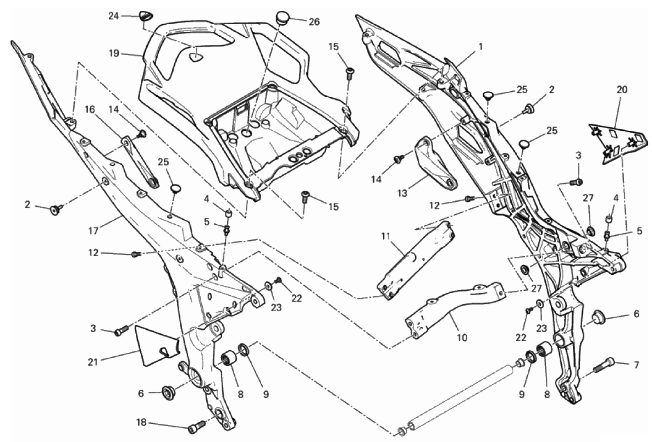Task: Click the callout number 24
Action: coord(113,16)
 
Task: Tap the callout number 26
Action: coord(313,22)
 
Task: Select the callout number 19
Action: coord(114,54)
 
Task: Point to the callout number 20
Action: coord(621,89)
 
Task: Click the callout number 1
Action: coord(480,47)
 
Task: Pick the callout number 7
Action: coord(637,364)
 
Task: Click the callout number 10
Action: coord(462,337)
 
